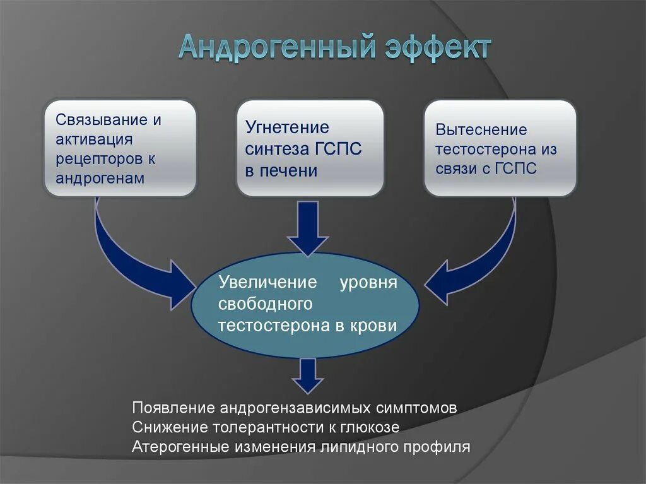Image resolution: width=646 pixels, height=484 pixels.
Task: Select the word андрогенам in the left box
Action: point(100,177)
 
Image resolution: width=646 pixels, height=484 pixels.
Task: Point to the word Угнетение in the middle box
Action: point(287,127)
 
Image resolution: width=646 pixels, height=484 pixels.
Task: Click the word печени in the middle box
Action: point(288,171)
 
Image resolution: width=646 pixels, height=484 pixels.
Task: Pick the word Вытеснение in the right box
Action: point(481,130)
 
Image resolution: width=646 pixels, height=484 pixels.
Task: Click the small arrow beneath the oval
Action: point(308,375)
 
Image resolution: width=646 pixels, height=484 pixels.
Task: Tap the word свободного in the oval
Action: point(266,304)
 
